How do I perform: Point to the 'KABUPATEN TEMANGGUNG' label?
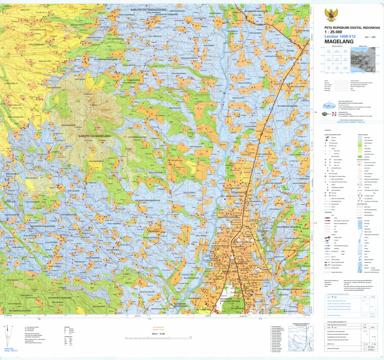tap(149, 9)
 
